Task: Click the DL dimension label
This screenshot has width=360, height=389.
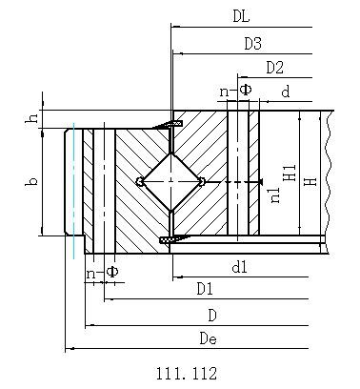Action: click(x=241, y=16)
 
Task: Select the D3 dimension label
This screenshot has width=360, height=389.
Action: click(x=252, y=44)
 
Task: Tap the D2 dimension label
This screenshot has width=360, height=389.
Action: click(x=274, y=68)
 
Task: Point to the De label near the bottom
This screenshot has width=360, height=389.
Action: click(x=209, y=338)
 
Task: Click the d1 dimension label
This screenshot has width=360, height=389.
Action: click(x=239, y=267)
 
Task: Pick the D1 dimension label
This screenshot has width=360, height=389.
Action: click(x=205, y=289)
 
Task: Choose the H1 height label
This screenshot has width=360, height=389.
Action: click(x=290, y=174)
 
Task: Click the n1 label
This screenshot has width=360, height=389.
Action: click(x=275, y=194)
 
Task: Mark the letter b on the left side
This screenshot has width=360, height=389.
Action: click(x=31, y=182)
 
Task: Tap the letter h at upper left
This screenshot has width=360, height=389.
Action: click(x=31, y=118)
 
